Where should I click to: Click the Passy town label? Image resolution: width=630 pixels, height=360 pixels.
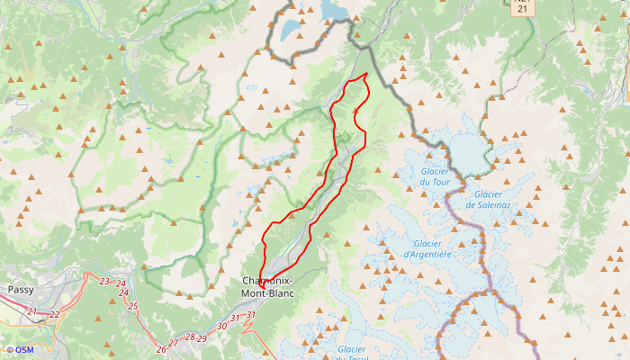pyautogui.click(x=20, y=290)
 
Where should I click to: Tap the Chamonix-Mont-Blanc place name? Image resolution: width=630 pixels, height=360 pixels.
pyautogui.click(x=268, y=287)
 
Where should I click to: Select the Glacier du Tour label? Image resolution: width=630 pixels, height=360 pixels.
pyautogui.click(x=436, y=176)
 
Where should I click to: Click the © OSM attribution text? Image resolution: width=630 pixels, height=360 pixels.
pyautogui.click(x=19, y=350)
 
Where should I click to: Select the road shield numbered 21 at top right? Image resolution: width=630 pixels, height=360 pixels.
pyautogui.click(x=523, y=7)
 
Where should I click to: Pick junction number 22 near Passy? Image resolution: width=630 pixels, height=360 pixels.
pyautogui.click(x=55, y=314)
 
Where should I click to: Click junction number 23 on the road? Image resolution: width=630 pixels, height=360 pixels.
pyautogui.click(x=104, y=282)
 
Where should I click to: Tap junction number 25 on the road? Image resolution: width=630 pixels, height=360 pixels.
pyautogui.click(x=133, y=306)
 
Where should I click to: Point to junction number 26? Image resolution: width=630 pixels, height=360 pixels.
pyautogui.click(x=161, y=348)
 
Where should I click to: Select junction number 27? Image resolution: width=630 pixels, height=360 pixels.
pyautogui.click(x=174, y=342)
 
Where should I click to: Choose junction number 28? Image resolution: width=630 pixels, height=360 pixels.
pyautogui.click(x=189, y=337)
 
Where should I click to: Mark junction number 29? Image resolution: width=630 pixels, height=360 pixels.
pyautogui.click(x=202, y=338)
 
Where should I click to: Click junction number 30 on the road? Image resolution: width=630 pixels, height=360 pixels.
pyautogui.click(x=222, y=326)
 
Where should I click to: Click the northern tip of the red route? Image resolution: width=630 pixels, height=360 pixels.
pyautogui.click(x=366, y=74)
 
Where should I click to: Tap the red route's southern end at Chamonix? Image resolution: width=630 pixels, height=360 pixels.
pyautogui.click(x=262, y=286)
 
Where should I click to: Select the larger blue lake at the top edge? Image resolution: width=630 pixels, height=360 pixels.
pyautogui.click(x=336, y=9)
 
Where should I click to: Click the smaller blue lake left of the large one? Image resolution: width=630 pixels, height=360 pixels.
pyautogui.click(x=292, y=29)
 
